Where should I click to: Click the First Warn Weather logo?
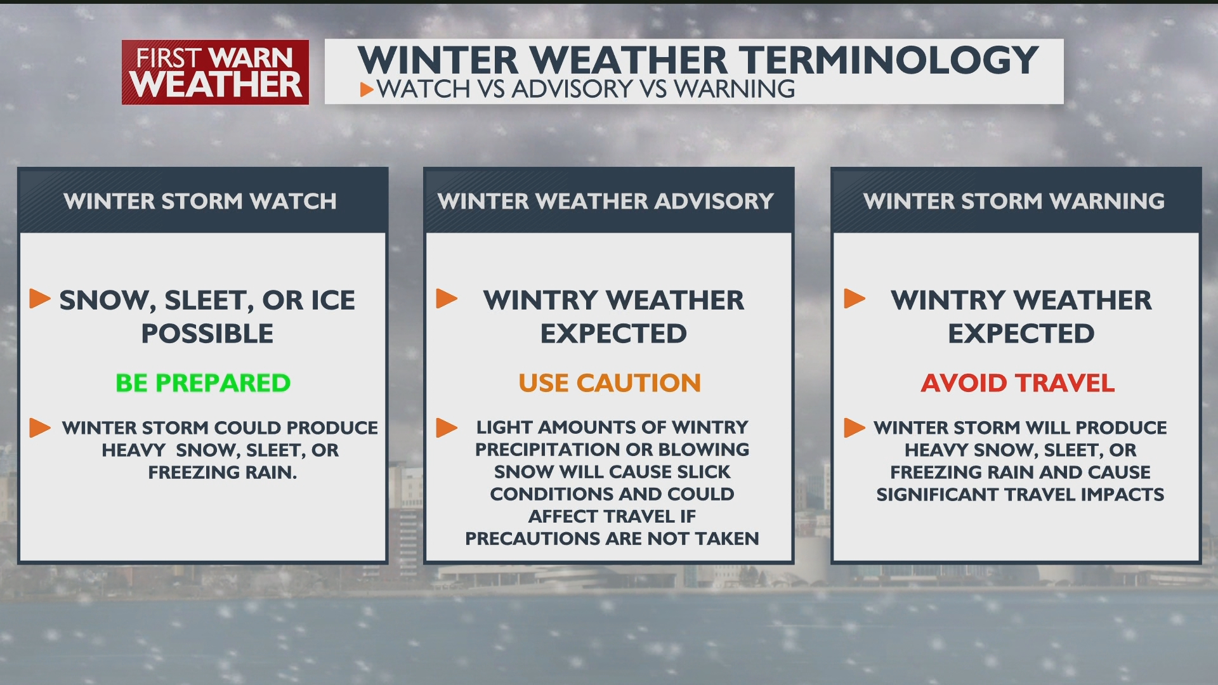click(215, 72)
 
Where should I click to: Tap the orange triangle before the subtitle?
click(367, 89)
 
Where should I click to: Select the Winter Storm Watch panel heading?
click(200, 201)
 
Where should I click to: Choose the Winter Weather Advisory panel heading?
click(606, 201)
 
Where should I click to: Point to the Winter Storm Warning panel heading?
click(1014, 201)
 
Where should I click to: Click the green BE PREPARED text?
click(203, 383)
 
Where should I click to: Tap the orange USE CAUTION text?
click(610, 383)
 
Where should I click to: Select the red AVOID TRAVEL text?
click(1018, 383)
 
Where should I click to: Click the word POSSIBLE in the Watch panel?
click(207, 334)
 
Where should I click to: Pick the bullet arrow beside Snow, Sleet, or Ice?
click(40, 299)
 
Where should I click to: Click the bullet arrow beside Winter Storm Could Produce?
click(40, 427)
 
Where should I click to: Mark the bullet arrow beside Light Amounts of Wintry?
click(447, 427)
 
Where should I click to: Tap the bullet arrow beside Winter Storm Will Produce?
click(855, 427)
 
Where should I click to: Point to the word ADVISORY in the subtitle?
click(572, 89)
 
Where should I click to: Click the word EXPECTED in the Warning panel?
click(1021, 334)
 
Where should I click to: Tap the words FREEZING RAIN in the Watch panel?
click(223, 473)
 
